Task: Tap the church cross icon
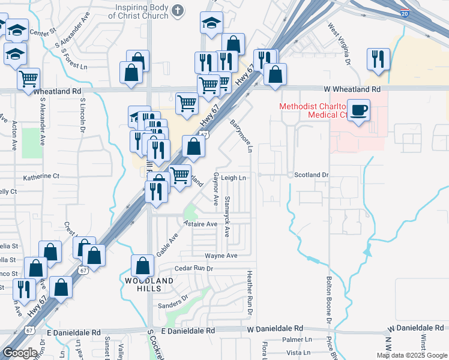point(178,10)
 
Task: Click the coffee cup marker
point(358,111)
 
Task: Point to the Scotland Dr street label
point(312,175)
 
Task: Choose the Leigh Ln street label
point(234,178)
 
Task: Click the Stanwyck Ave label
point(228,216)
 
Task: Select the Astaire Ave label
point(200,224)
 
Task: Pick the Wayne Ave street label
point(221,256)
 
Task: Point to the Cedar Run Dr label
point(194,268)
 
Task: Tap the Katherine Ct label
point(41,177)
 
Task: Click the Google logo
point(20,353)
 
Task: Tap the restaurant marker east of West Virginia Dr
point(378,59)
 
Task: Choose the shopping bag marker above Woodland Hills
point(142,265)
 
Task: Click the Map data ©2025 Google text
point(412,355)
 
